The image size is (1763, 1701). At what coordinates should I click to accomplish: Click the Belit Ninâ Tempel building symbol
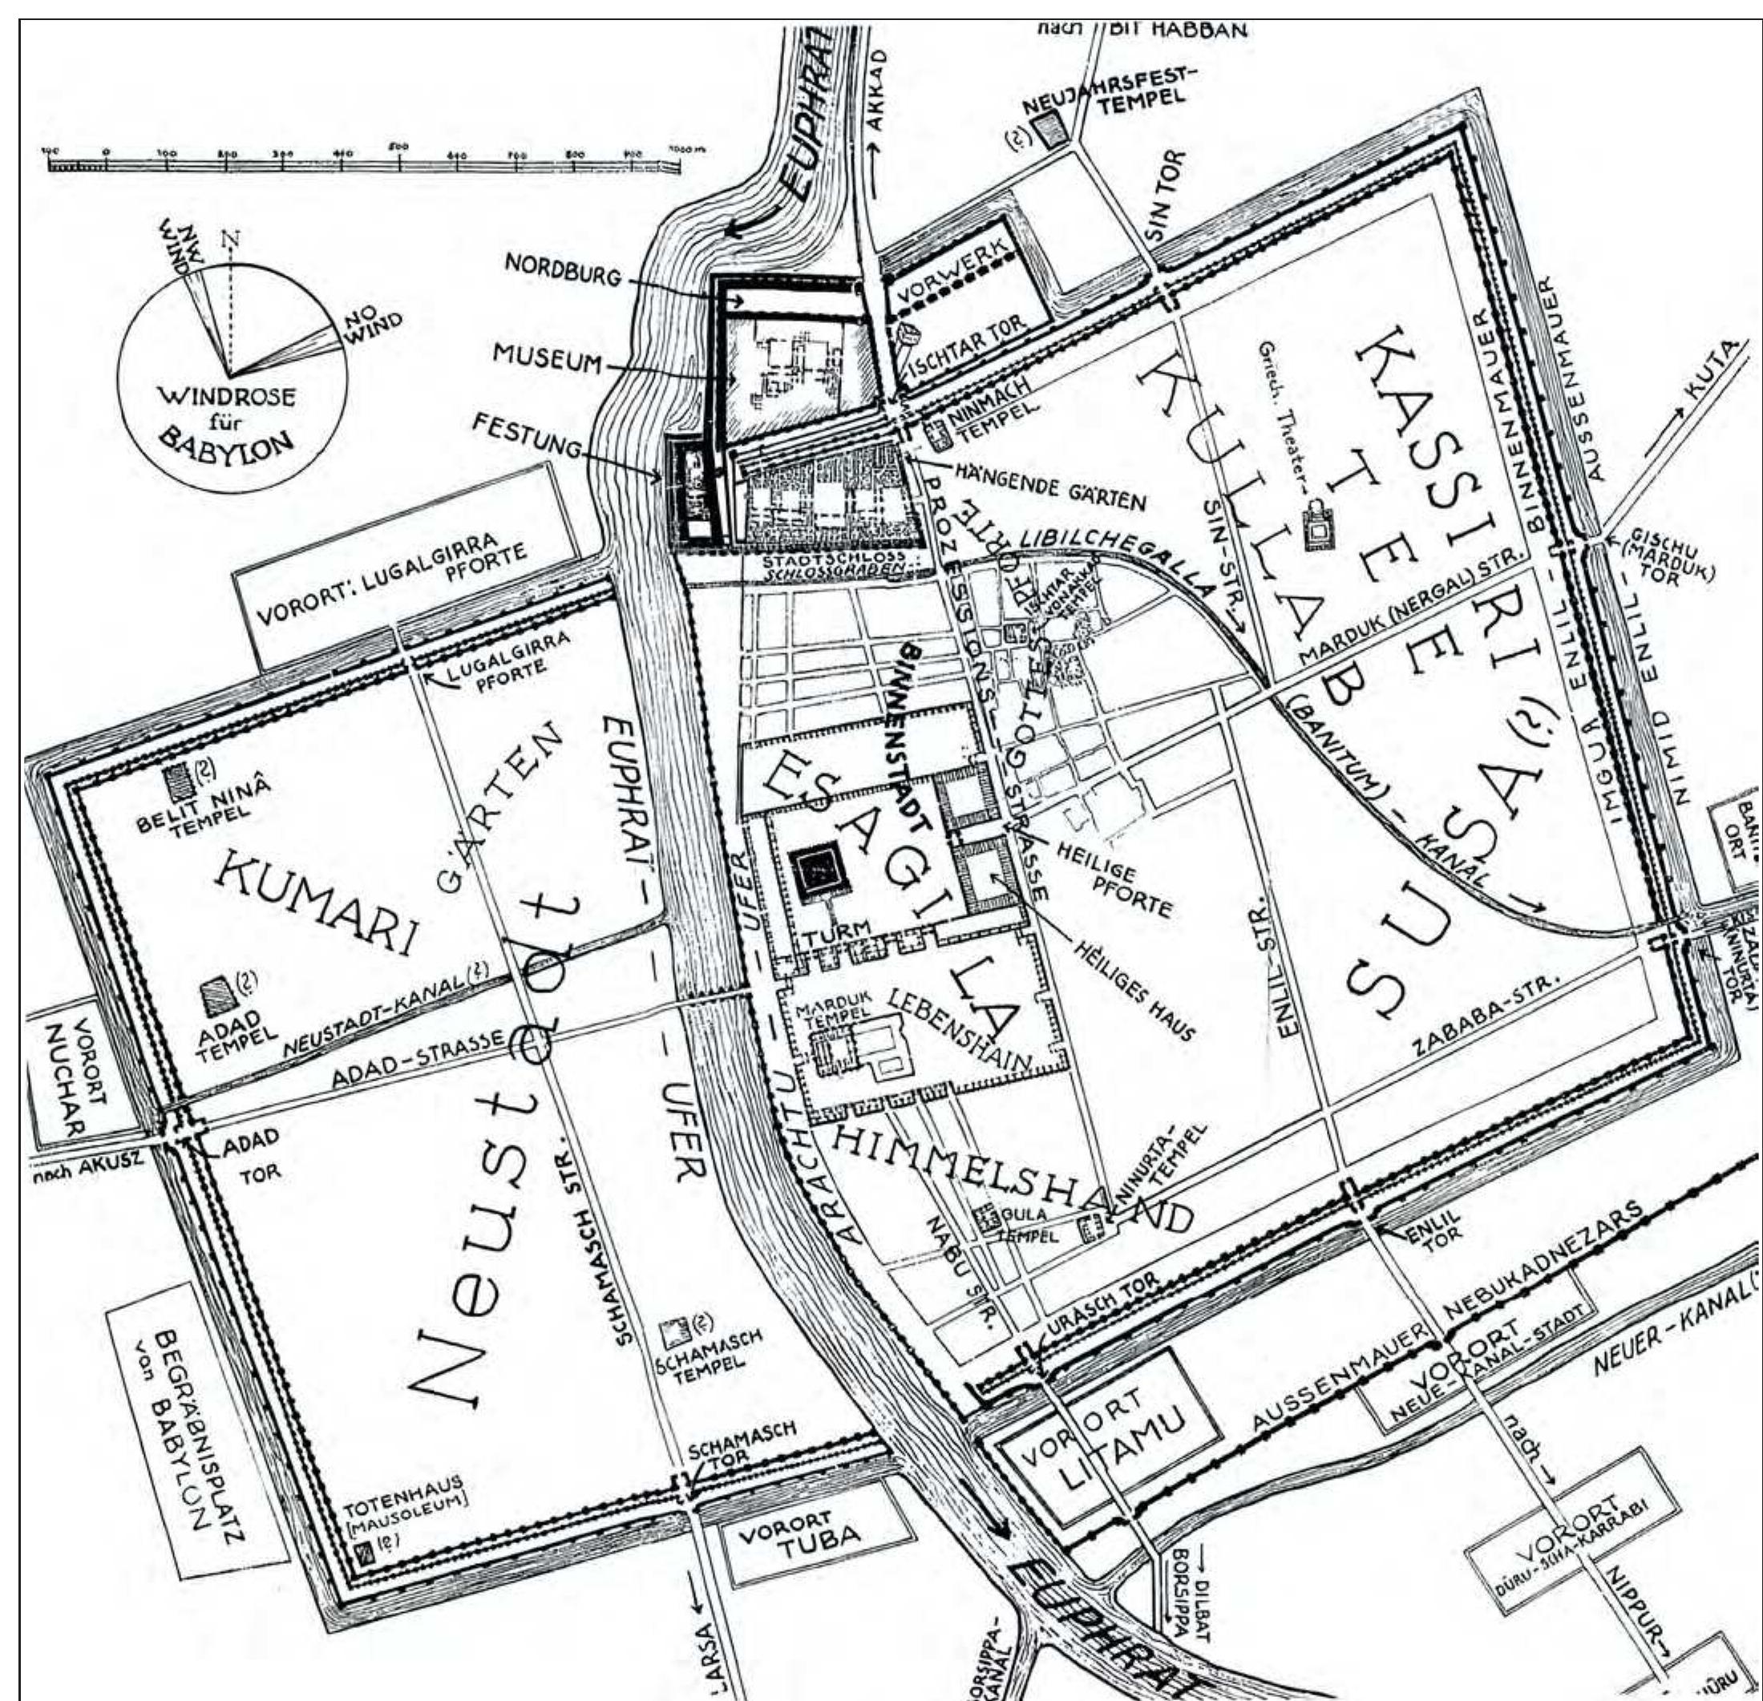[176, 774]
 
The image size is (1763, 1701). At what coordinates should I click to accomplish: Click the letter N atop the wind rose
[234, 238]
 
